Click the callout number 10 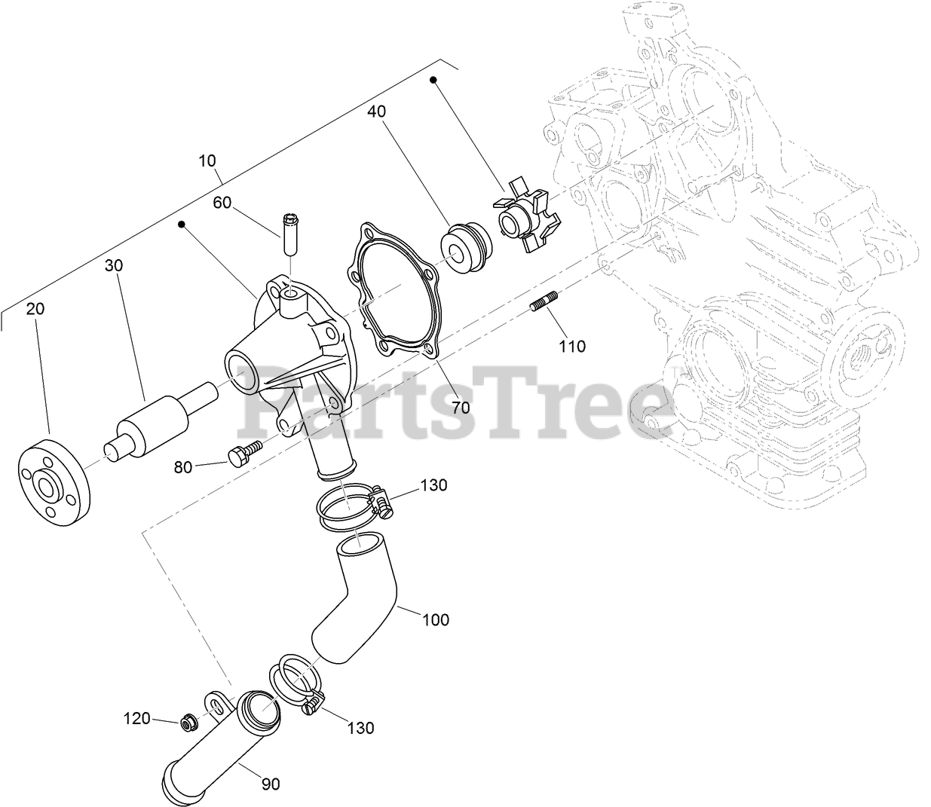coord(207,160)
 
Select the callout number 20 coord(35,308)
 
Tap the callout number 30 coord(114,265)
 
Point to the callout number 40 coord(377,111)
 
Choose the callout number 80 coord(183,467)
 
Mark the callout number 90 coord(271,784)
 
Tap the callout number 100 coord(436,619)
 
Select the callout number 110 coord(572,347)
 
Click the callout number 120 coord(137,719)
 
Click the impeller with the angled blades coord(527,215)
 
